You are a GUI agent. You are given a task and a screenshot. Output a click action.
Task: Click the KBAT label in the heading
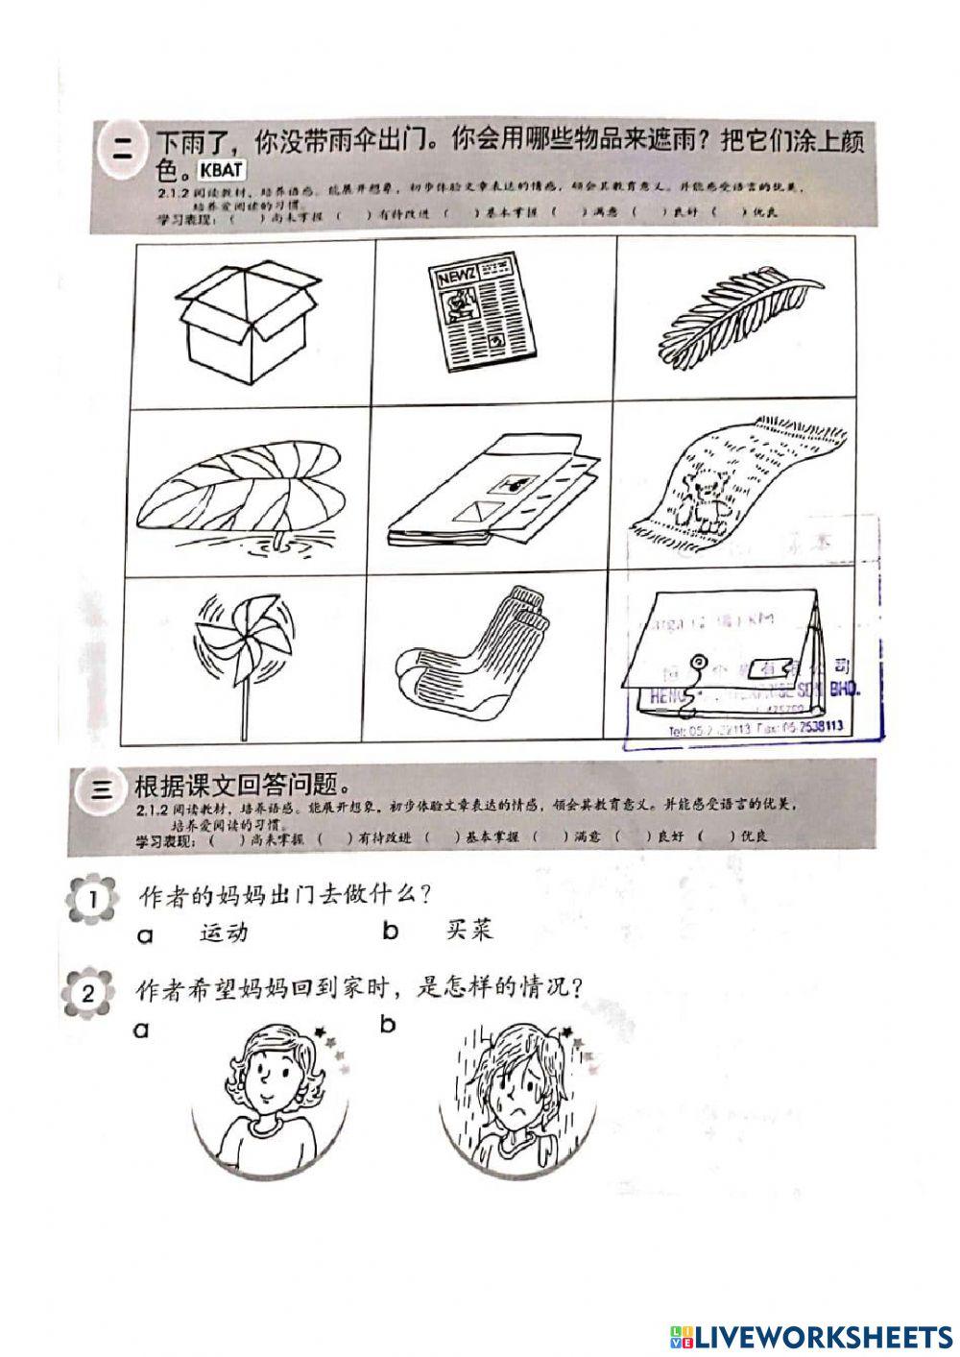point(222,170)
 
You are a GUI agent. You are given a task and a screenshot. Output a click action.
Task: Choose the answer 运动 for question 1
point(223,931)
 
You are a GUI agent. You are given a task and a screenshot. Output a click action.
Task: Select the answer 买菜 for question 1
point(469,930)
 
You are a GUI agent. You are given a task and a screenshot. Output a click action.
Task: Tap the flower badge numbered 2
point(87,992)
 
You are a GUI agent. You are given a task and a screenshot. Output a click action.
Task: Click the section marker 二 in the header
point(123,146)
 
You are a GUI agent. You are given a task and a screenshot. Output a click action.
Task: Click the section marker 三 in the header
point(100,788)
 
